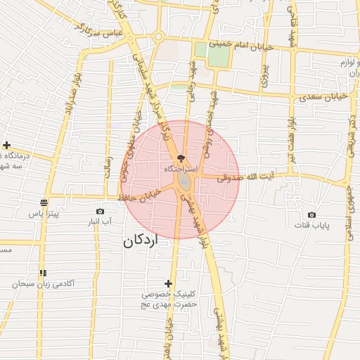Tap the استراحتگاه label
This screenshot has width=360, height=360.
[x=179, y=169]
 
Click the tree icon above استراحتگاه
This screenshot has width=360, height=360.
[x=181, y=159]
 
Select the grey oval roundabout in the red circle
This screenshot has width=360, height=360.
[x=184, y=182]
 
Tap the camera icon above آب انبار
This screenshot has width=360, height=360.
[x=100, y=211]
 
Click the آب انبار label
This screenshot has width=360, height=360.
[x=100, y=222]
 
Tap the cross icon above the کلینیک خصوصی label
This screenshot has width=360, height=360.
[x=168, y=283]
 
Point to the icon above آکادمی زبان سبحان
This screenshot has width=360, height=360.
[x=44, y=273]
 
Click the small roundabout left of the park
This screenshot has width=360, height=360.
[x=159, y=37]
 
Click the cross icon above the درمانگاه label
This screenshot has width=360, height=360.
[x=6, y=144]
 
